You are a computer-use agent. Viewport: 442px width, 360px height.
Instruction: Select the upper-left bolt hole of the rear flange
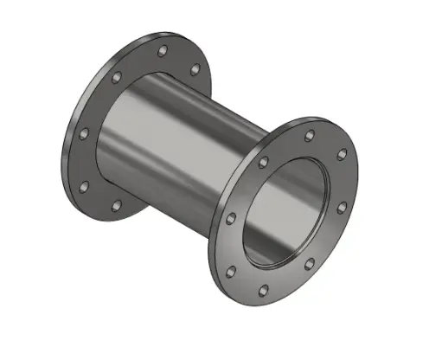pyautogui.click(x=115, y=78)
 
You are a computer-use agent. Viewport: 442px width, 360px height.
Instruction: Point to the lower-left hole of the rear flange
pyautogui.click(x=84, y=186)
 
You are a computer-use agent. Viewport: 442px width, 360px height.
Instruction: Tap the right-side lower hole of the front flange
pyautogui.click(x=343, y=208)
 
